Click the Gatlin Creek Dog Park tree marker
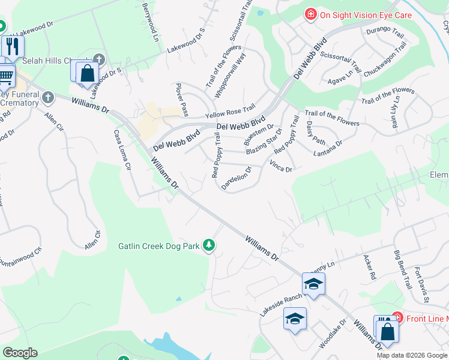209,245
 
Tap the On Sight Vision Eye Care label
366,14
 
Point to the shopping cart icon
5,76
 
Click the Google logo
20,353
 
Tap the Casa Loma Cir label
119,150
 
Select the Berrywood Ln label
151,19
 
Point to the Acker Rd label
369,268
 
